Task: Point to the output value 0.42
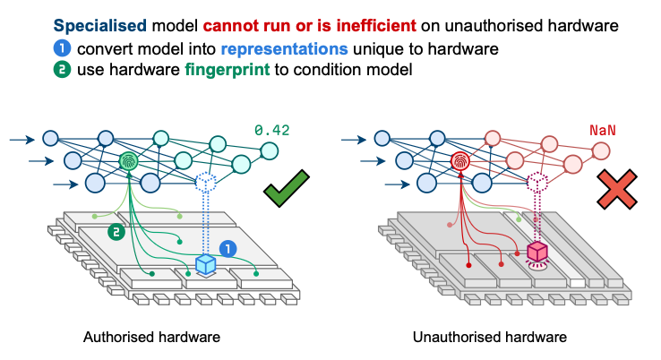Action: pyautogui.click(x=272, y=131)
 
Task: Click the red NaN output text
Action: pyautogui.click(x=602, y=131)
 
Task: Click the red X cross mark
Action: pyautogui.click(x=617, y=189)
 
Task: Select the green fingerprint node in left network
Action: pyautogui.click(x=132, y=162)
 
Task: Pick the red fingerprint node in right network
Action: pyautogui.click(x=461, y=162)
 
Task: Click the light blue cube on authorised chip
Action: pyautogui.click(x=207, y=264)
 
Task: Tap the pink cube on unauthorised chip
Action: pyautogui.click(x=537, y=252)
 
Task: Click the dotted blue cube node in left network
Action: pyautogui.click(x=207, y=183)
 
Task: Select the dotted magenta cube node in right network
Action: pyautogui.click(x=537, y=183)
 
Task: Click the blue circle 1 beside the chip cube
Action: pyautogui.click(x=229, y=248)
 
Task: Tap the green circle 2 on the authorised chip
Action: pyautogui.click(x=115, y=232)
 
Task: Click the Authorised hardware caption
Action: pyautogui.click(x=150, y=338)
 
